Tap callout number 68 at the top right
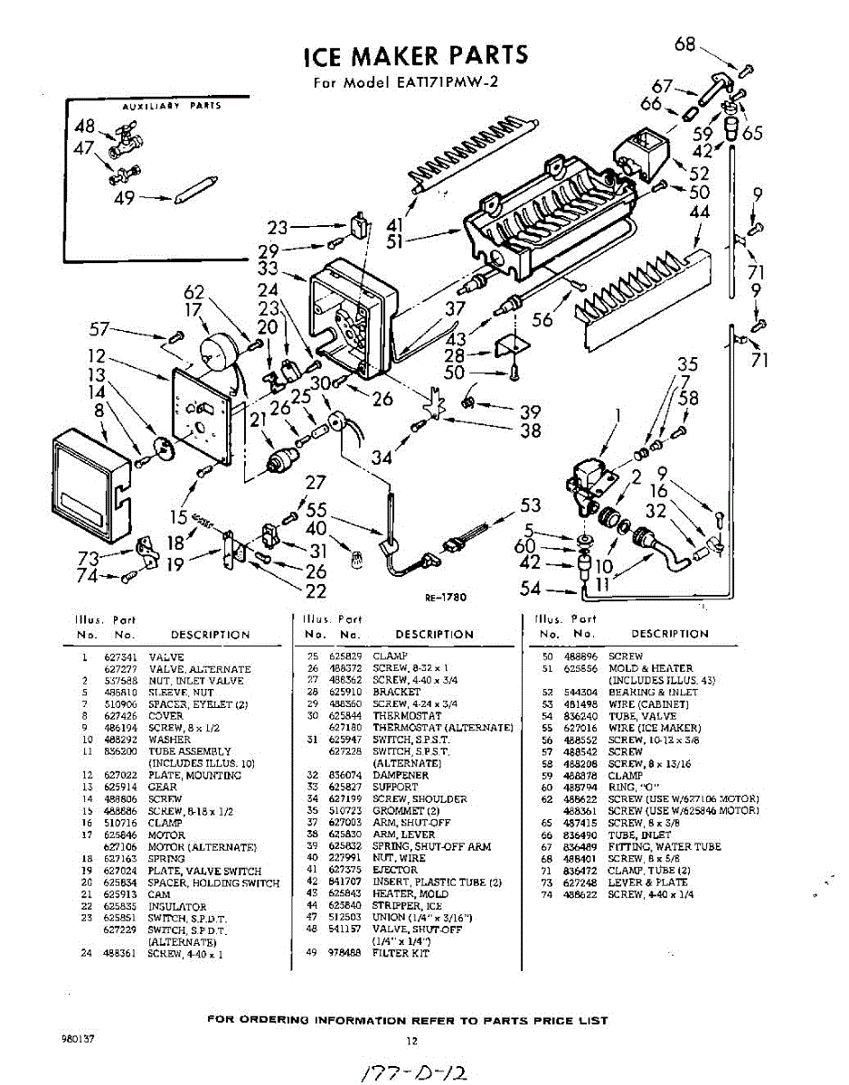pos(685,43)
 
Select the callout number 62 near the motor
pos(194,291)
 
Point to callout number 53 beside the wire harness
pos(531,505)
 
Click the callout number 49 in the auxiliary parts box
pos(125,199)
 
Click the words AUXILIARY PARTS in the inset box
pos(172,106)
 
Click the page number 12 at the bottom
pos(410,1040)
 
